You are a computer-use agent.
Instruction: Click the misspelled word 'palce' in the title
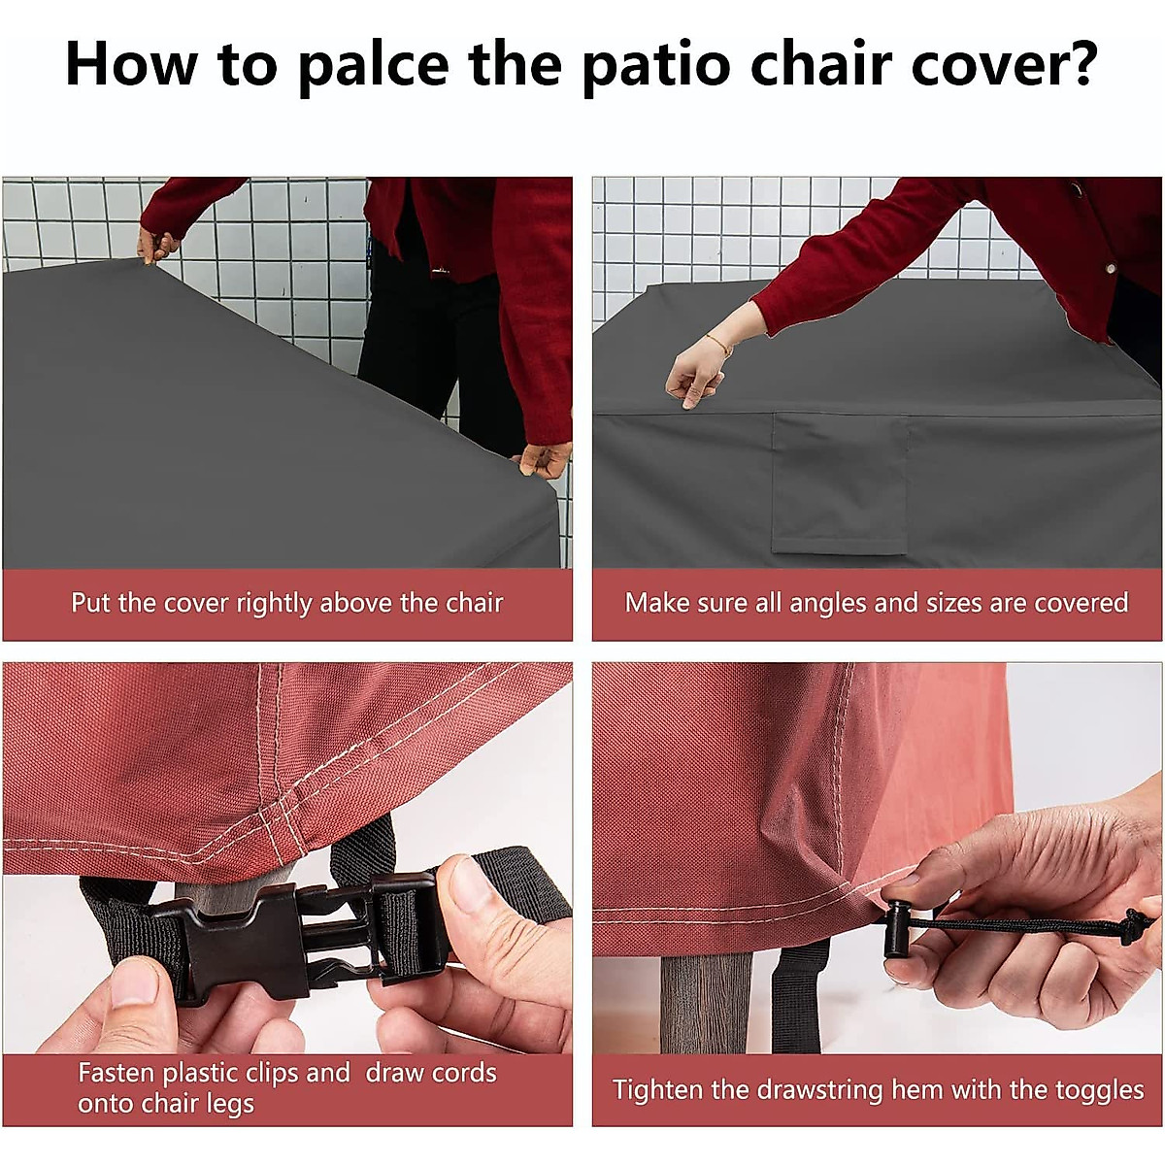pyautogui.click(x=373, y=65)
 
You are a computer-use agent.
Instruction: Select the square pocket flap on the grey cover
pyautogui.click(x=840, y=483)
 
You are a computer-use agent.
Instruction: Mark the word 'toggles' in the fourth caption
pyautogui.click(x=1099, y=1090)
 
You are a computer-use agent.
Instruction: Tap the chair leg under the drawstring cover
pyautogui.click(x=707, y=1000)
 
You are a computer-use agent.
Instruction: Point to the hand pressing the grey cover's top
pyautogui.click(x=695, y=373)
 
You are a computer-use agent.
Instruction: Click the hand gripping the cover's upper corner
pyautogui.click(x=157, y=245)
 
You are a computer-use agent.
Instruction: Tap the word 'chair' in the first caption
pyautogui.click(x=474, y=603)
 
